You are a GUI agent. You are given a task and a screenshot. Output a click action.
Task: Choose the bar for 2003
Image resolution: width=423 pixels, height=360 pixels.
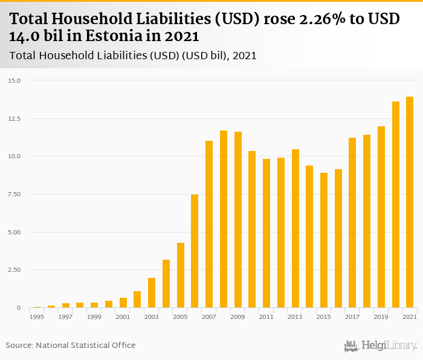[152, 293]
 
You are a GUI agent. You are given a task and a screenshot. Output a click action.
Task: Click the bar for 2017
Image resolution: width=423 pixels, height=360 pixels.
[352, 223]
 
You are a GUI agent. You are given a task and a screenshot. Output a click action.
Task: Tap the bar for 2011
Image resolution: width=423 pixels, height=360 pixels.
[266, 233]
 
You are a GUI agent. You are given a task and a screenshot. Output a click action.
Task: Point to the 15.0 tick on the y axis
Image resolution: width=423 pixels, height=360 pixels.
[14, 80]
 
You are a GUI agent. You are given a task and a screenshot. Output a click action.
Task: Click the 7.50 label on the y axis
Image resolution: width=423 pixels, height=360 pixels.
[14, 194]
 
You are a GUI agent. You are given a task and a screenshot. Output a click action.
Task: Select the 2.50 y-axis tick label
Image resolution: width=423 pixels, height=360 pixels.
[14, 270]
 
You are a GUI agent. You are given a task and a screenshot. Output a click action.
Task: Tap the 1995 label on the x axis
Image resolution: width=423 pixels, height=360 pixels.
[37, 317]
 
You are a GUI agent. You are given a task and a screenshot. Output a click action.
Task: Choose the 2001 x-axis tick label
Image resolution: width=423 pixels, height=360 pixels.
[123, 317]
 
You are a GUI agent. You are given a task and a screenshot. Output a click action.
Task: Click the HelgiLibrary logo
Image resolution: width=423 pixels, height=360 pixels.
[381, 346]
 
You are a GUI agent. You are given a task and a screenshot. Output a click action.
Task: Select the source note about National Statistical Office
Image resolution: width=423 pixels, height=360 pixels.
[71, 346]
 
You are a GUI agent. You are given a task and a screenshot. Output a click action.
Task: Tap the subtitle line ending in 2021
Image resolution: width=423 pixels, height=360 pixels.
[133, 56]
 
